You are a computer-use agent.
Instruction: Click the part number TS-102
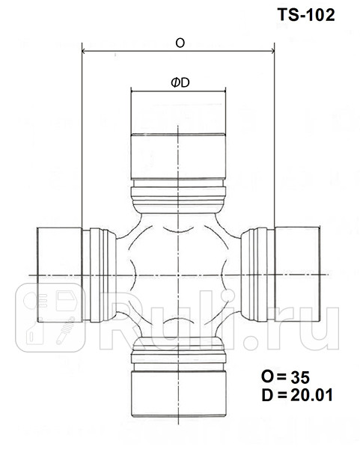306,13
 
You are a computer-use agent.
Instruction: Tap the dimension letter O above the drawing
180,43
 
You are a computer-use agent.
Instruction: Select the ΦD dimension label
179,85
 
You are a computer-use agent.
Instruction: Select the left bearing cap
59,275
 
